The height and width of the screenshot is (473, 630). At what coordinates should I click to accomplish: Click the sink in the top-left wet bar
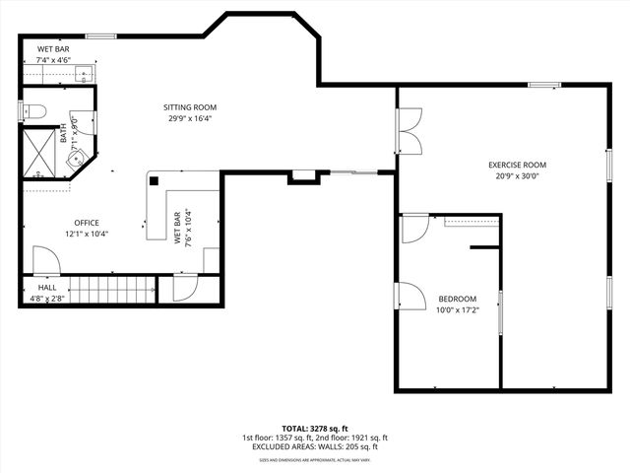[x=84, y=74]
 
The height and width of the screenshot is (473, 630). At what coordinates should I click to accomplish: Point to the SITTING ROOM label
[x=190, y=107]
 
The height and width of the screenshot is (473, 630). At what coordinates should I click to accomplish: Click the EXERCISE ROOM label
[x=517, y=165]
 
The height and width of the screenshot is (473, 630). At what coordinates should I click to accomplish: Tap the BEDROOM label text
[x=457, y=299]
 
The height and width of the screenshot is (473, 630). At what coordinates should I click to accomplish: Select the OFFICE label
[x=86, y=223]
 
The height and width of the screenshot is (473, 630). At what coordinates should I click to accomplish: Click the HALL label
[x=47, y=289]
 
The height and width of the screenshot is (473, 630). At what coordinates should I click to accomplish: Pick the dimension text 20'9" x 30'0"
[x=517, y=175]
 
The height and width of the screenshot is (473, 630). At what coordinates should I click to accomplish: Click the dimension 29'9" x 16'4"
[x=190, y=118]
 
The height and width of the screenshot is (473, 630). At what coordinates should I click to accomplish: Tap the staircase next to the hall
[x=116, y=290]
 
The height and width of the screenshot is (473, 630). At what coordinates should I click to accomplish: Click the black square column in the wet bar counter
[x=154, y=180]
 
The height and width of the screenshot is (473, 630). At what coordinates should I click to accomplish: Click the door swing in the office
[x=45, y=260]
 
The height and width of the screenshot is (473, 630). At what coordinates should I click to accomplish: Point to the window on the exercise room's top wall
[x=544, y=85]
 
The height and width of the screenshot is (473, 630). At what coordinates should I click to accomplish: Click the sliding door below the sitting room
[x=352, y=173]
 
